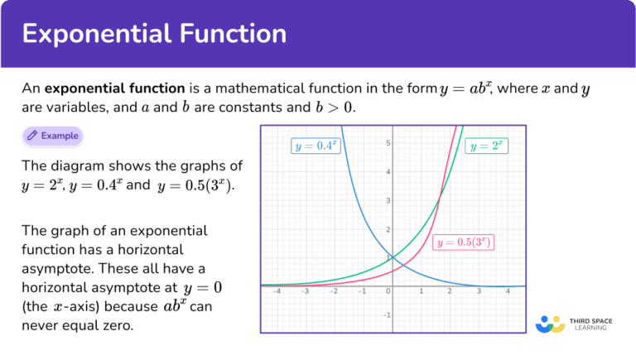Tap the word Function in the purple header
(x=234, y=33)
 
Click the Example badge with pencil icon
(x=53, y=136)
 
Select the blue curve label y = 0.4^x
(x=316, y=146)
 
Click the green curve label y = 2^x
(x=486, y=146)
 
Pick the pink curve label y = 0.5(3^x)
(x=463, y=242)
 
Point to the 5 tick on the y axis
(x=388, y=142)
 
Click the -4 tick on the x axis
(x=277, y=291)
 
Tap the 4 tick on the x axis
(x=508, y=291)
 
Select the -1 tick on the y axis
(x=388, y=315)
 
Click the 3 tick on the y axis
(x=388, y=200)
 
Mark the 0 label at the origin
(x=388, y=291)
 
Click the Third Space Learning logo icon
(x=551, y=324)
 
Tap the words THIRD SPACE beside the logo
(x=591, y=321)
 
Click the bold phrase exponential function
(x=115, y=89)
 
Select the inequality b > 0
(x=334, y=108)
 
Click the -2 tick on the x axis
(x=334, y=291)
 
